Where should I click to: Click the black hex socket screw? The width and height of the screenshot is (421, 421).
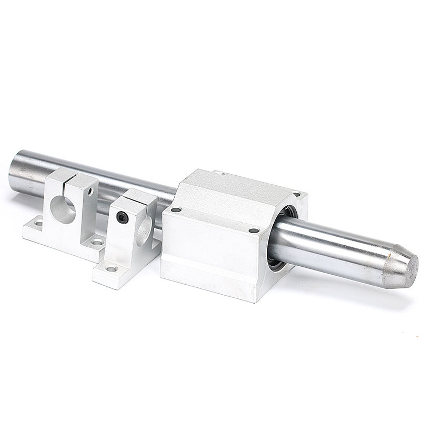point(122,217)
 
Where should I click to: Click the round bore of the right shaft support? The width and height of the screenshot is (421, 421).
point(144,229)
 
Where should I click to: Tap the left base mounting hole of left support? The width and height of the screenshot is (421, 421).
point(38,223)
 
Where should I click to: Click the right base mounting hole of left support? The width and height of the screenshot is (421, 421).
point(96,242)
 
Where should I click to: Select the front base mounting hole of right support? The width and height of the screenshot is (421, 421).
point(111,269)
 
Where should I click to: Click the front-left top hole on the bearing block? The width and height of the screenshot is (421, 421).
point(176,209)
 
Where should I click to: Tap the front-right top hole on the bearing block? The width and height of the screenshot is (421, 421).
point(254,230)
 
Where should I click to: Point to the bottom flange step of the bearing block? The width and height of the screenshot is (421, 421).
point(210,279)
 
